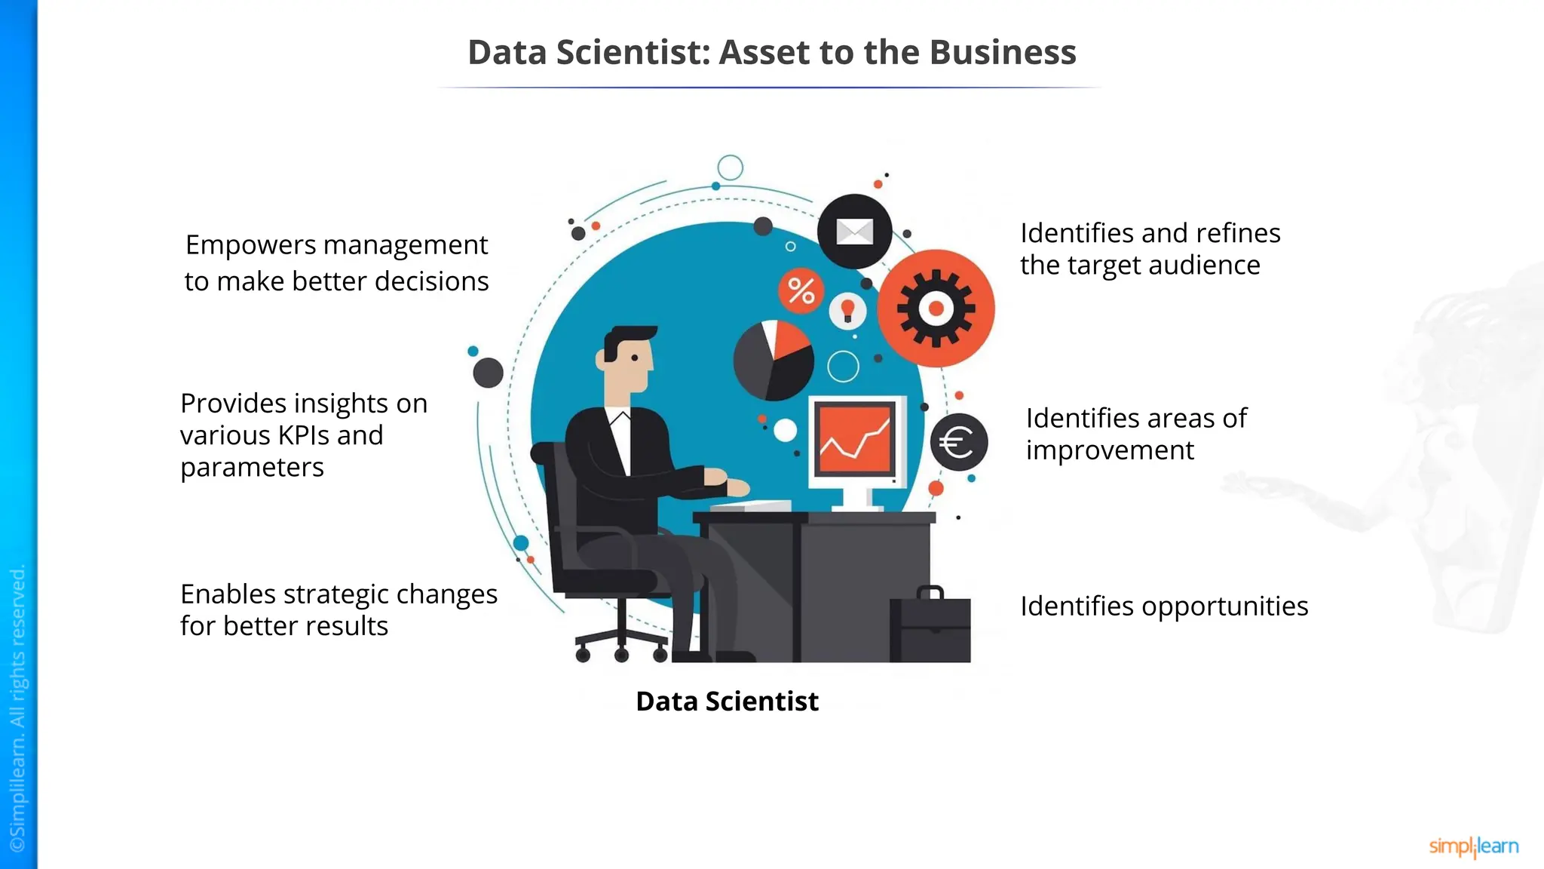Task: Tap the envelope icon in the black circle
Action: point(854,232)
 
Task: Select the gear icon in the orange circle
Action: point(936,309)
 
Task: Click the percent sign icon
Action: point(801,290)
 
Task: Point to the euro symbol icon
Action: point(958,442)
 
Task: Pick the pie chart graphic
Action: point(774,361)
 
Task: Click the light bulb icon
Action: point(847,310)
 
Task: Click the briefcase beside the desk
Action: point(930,626)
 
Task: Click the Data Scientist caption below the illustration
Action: point(727,702)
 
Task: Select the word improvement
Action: point(1110,450)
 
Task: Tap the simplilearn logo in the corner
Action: point(1473,846)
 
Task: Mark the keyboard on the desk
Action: point(751,506)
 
